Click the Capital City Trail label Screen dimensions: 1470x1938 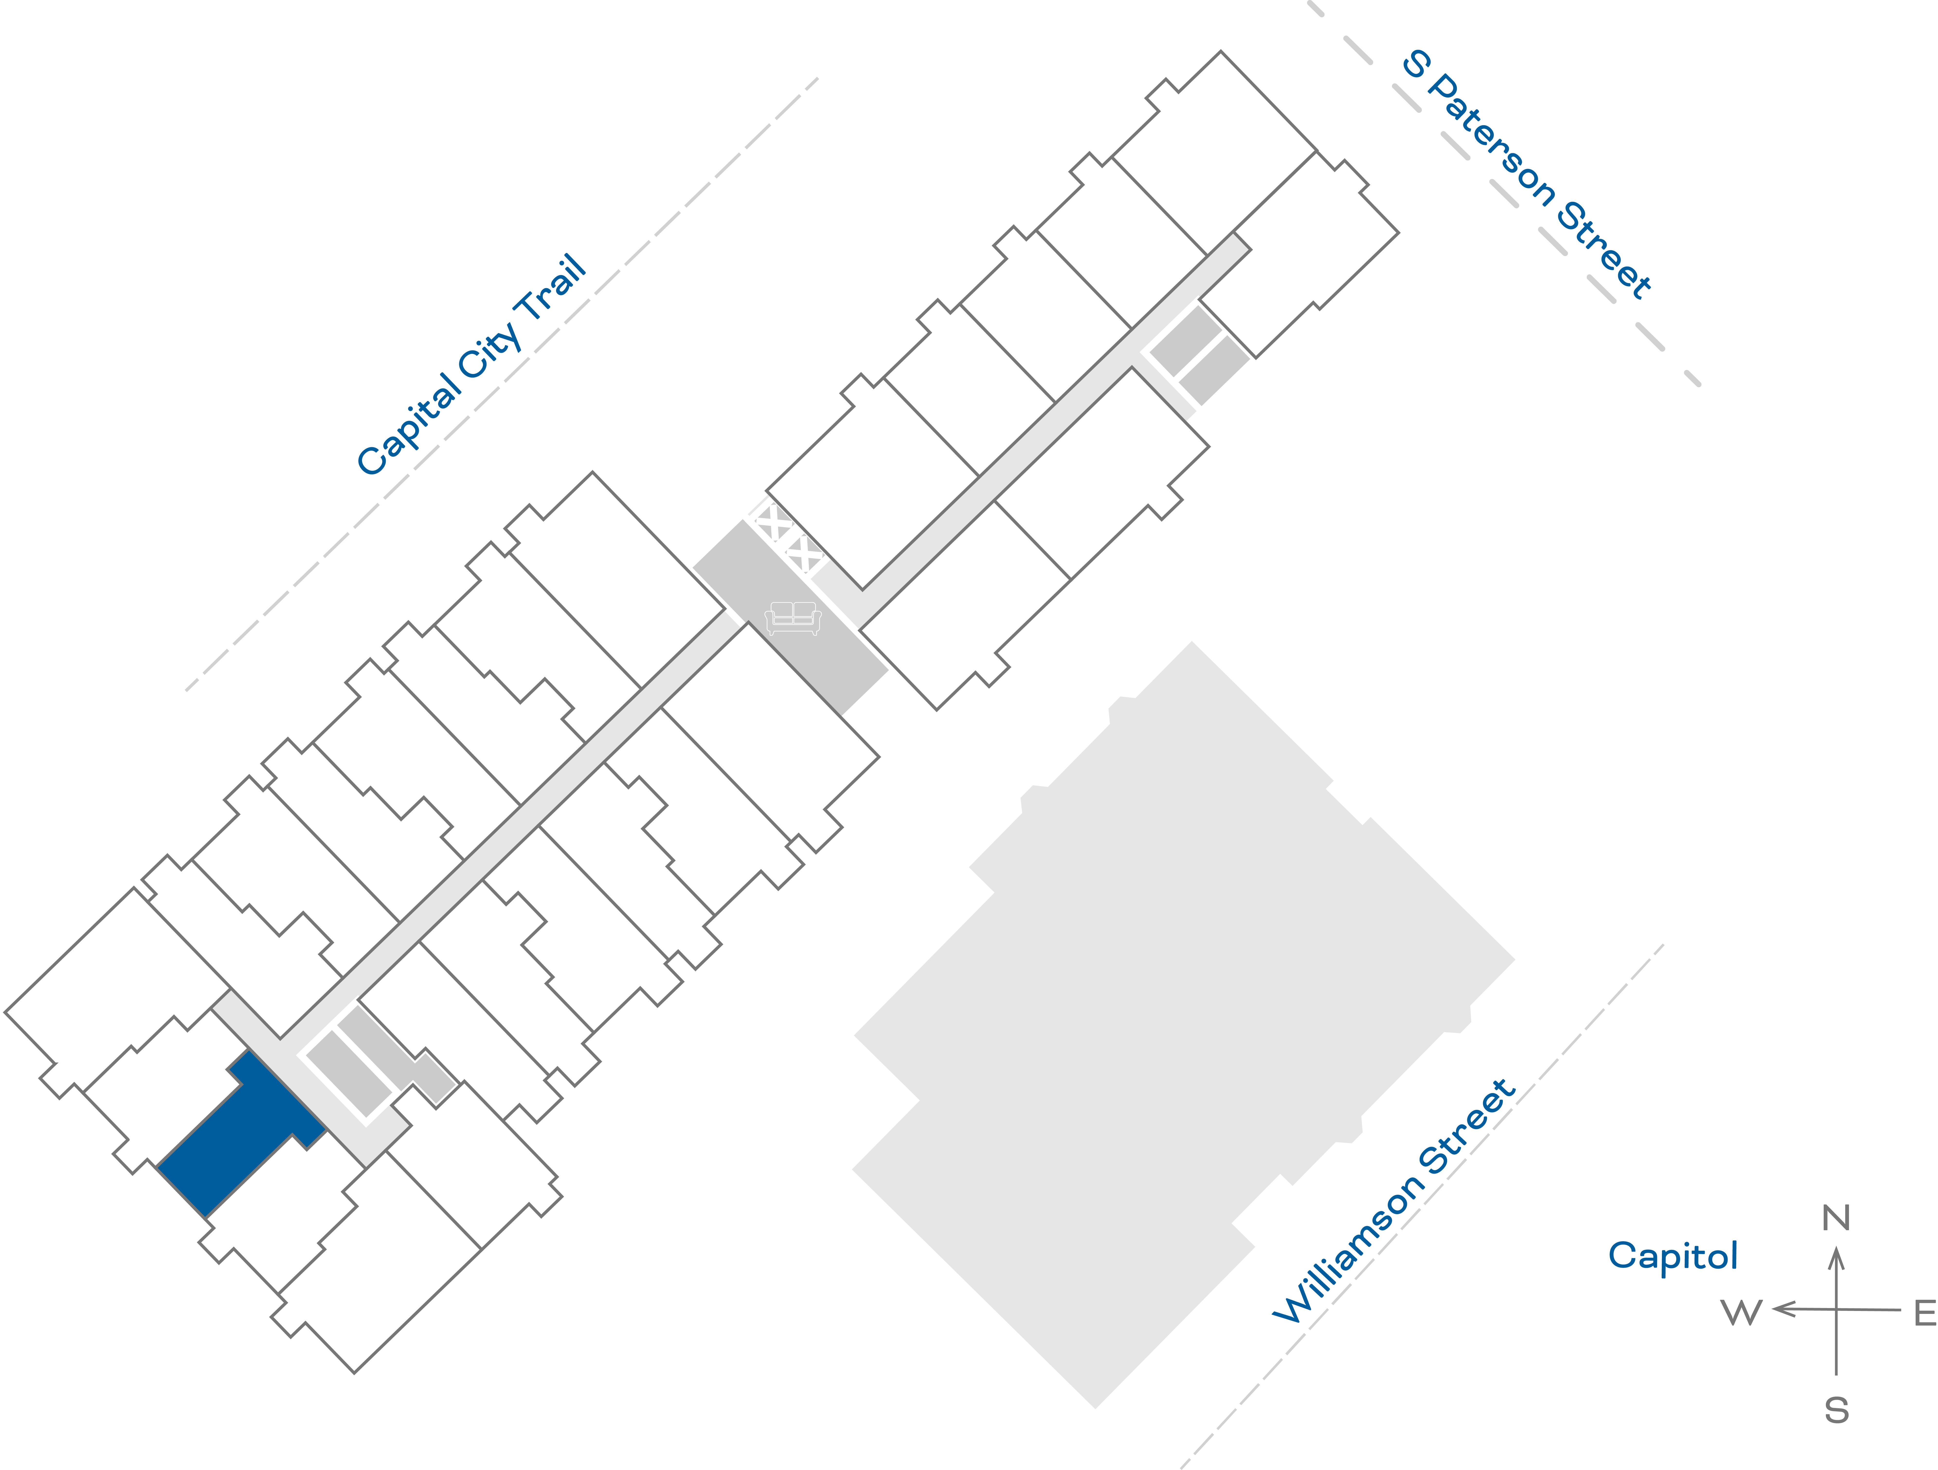471,365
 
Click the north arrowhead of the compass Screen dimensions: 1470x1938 1836,1259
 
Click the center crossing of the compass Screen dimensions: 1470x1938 1836,1310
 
